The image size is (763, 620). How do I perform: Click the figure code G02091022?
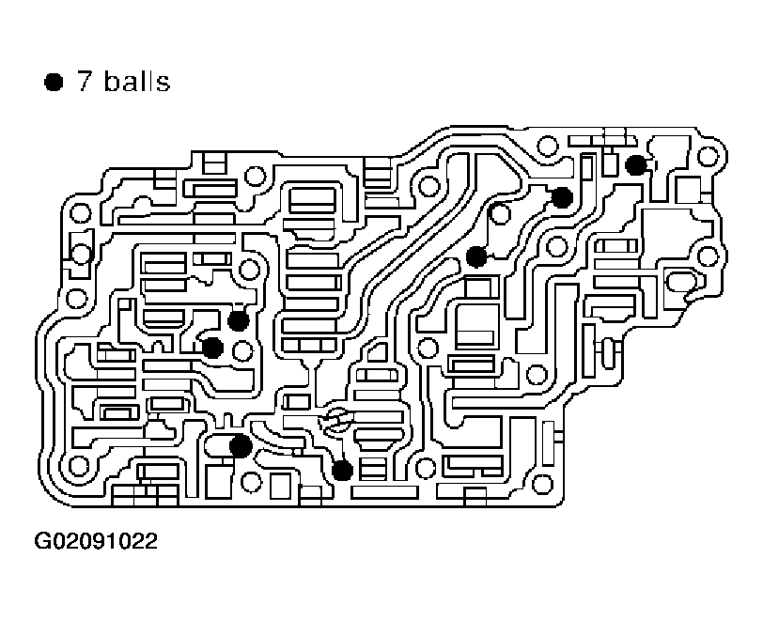click(96, 542)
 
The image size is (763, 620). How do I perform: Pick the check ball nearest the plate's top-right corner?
click(636, 165)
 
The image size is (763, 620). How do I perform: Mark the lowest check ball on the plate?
click(342, 469)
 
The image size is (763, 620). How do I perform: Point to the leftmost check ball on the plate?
click(212, 348)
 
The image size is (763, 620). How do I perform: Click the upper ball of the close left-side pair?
click(238, 320)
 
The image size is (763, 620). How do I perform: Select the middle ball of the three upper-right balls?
click(562, 197)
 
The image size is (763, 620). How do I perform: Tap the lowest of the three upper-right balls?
click(476, 256)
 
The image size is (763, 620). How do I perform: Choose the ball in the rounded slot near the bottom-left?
click(241, 445)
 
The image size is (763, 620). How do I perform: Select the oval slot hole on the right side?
click(679, 280)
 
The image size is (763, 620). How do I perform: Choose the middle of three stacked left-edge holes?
click(81, 254)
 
